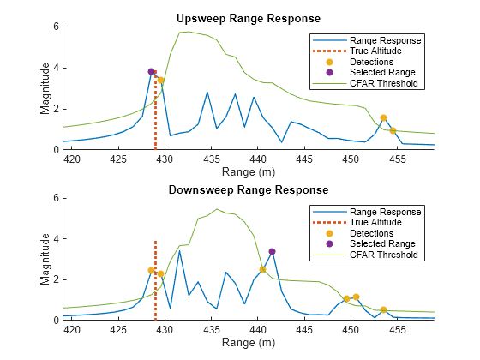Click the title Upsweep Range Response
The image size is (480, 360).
tap(248, 18)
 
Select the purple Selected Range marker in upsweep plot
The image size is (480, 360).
tap(151, 71)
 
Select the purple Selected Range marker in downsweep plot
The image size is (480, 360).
tap(272, 251)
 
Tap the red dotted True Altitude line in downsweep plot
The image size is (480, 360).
tap(155, 283)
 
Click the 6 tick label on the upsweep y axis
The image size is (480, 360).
tap(54, 27)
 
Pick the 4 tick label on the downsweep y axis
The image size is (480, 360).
tap(54, 238)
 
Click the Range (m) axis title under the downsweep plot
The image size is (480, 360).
tap(248, 343)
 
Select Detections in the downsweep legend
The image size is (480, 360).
tap(372, 232)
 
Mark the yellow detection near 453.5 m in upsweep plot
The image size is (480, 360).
tap(383, 117)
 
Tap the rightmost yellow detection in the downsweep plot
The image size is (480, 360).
tap(383, 309)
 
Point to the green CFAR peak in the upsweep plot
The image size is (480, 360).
tap(184, 33)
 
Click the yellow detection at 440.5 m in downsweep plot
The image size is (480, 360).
tap(262, 269)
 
